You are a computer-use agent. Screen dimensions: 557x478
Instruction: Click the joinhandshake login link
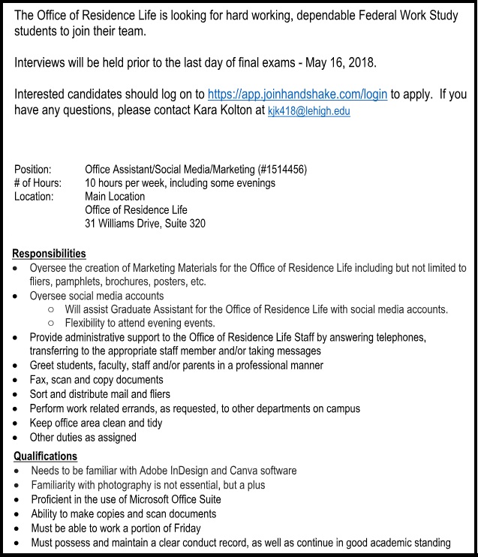click(297, 95)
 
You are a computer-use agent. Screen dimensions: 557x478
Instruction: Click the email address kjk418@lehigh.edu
click(308, 111)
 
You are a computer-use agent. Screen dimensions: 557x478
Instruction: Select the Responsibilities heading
click(49, 254)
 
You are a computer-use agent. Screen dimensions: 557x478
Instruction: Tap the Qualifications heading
click(45, 456)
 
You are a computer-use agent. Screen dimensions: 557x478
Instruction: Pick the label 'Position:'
click(33, 170)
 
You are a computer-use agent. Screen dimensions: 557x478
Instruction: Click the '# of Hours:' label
click(38, 183)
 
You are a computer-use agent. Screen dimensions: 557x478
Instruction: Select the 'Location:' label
click(34, 197)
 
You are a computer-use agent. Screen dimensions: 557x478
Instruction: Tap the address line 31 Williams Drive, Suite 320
click(145, 224)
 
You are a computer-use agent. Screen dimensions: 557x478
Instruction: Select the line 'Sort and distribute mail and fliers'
click(100, 394)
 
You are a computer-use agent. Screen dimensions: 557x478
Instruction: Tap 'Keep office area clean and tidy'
click(96, 423)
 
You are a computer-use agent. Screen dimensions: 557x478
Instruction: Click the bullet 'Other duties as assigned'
click(83, 437)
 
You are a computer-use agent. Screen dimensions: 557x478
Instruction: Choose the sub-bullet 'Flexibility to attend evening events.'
click(140, 324)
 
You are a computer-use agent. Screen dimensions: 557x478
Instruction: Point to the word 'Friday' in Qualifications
click(185, 528)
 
